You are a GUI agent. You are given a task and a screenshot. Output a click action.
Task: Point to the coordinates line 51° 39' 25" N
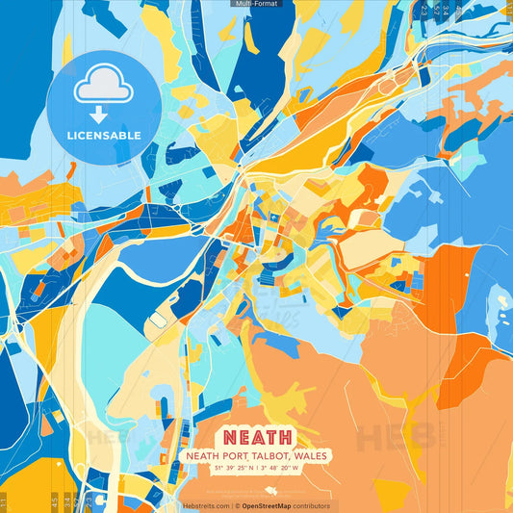pyautogui.click(x=230, y=469)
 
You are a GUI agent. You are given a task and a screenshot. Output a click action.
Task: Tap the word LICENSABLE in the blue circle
pyautogui.click(x=104, y=135)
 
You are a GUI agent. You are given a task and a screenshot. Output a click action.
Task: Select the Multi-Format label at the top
pyautogui.click(x=256, y=4)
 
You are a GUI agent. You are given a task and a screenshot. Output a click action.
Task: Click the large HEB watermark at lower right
pyautogui.click(x=395, y=438)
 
